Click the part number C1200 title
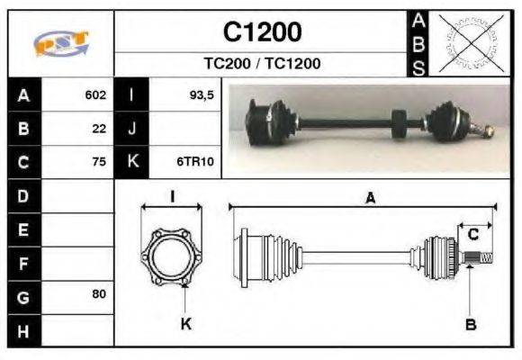[262, 32]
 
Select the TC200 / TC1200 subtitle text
[262, 64]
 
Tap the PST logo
[60, 43]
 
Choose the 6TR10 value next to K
[195, 163]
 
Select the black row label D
[23, 195]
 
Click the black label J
[131, 129]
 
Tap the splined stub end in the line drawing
[481, 258]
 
